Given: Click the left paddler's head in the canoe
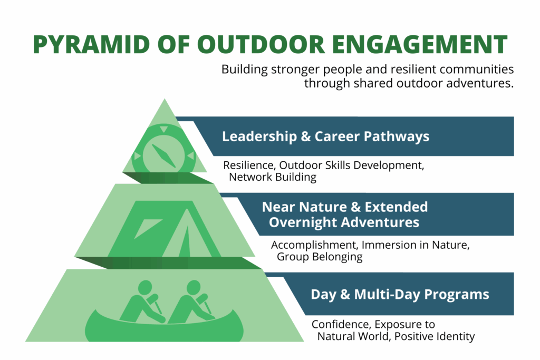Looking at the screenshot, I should click(144, 287).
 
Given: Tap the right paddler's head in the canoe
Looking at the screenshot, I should click(194, 287).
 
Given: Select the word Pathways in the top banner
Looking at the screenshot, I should click(403, 137).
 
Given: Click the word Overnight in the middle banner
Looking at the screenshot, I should click(303, 222).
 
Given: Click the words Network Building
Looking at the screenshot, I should click(273, 177).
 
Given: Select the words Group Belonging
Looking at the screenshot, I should click(320, 257).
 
